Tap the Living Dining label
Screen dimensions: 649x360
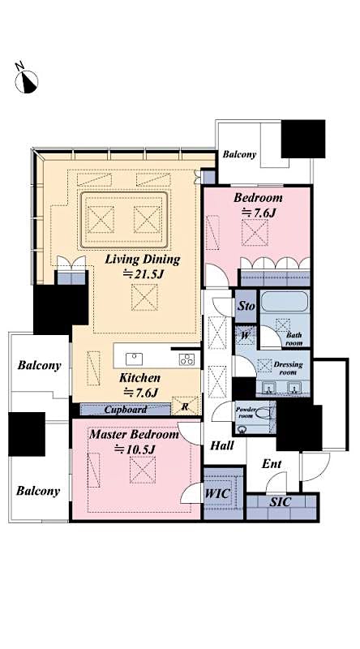point(142,259)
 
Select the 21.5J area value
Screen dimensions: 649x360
point(144,274)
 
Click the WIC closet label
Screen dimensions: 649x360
point(216,492)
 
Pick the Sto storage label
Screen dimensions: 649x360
point(246,307)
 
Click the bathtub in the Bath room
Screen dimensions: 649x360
point(283,306)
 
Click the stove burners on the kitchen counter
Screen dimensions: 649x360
point(186,360)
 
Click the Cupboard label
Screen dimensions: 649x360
point(124,410)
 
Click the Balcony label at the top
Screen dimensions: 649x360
point(239,154)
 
